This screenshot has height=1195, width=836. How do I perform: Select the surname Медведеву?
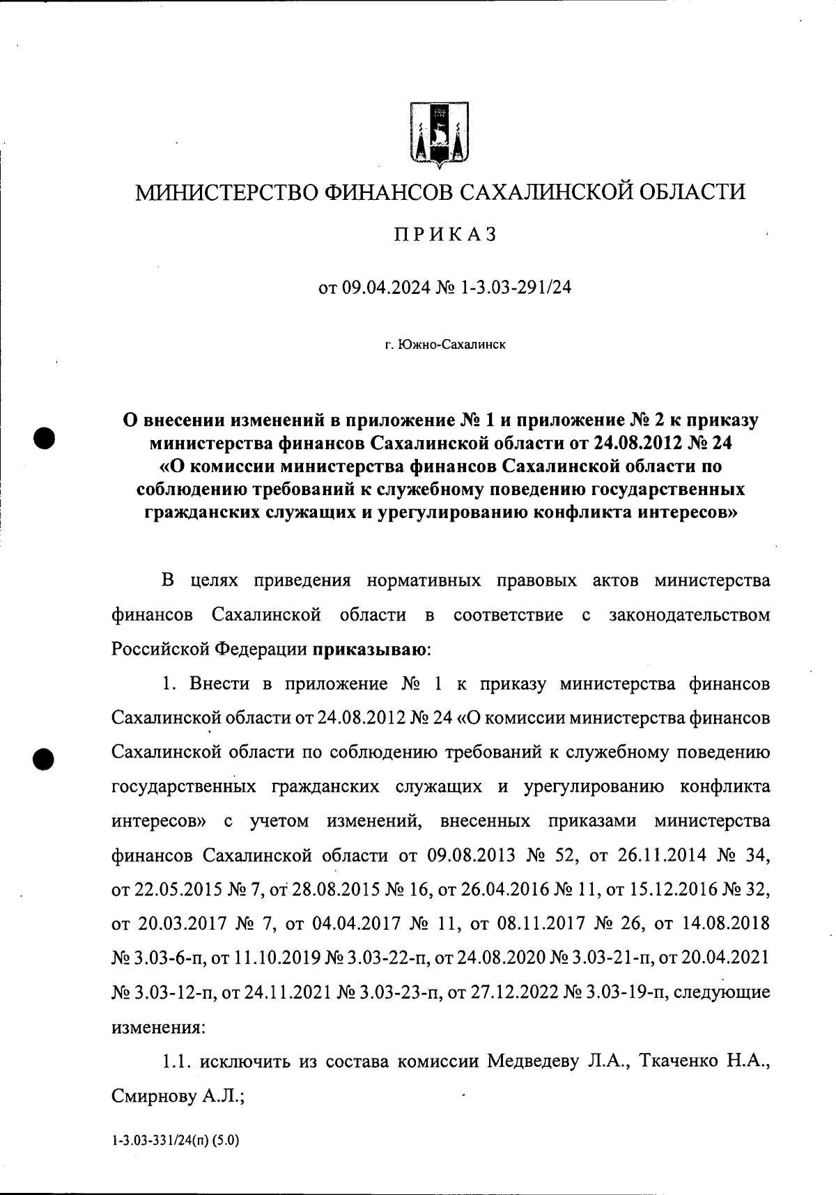tap(533, 1061)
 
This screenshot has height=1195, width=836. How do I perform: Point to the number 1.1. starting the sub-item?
tap(177, 1061)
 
